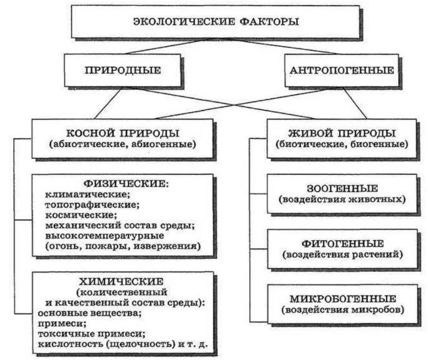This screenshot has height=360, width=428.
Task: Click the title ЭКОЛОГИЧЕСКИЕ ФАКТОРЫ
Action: pos(216,22)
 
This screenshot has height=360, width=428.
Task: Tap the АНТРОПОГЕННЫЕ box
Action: pos(342,70)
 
